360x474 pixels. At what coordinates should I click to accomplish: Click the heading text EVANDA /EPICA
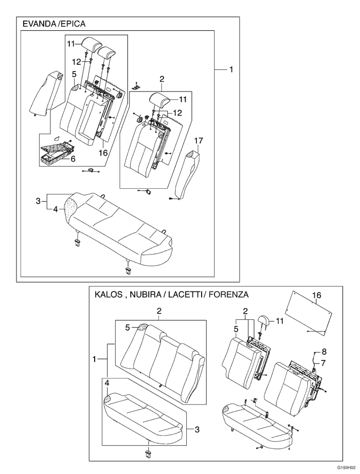[54, 24]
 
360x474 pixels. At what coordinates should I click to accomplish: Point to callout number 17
[199, 140]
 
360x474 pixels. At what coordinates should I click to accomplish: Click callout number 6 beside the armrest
[73, 159]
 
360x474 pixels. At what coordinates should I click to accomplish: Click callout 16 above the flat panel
[317, 295]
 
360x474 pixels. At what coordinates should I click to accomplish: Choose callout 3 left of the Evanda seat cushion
[38, 200]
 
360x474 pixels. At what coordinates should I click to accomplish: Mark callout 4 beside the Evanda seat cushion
[55, 209]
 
